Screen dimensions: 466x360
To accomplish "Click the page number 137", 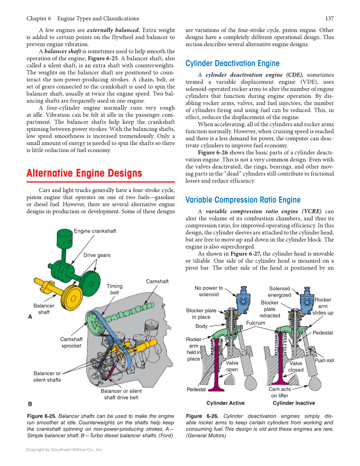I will (329, 18).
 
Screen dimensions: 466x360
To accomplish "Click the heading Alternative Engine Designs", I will (84, 173).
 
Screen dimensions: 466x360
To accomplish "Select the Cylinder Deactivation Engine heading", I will (232, 64).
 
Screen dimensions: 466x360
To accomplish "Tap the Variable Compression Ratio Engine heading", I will (243, 200).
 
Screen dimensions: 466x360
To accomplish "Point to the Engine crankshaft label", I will (95, 231).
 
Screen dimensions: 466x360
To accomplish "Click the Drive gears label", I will (97, 255).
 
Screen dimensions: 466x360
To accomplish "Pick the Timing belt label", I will (114, 289).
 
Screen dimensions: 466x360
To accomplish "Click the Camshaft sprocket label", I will (71, 342).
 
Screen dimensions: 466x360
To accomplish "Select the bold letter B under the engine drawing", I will (30, 404).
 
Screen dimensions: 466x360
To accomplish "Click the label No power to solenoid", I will (209, 291).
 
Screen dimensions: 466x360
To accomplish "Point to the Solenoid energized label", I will (279, 292).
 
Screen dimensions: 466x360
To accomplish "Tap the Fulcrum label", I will (255, 323).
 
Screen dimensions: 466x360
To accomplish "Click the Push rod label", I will (324, 361).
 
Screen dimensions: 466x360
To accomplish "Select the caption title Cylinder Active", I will (225, 403).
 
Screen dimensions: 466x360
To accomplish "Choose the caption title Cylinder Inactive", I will (294, 403).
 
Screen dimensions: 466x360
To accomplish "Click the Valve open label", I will (232, 366).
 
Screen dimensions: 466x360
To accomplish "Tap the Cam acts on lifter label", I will (280, 392).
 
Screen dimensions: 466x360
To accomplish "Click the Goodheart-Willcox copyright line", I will (64, 449).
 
